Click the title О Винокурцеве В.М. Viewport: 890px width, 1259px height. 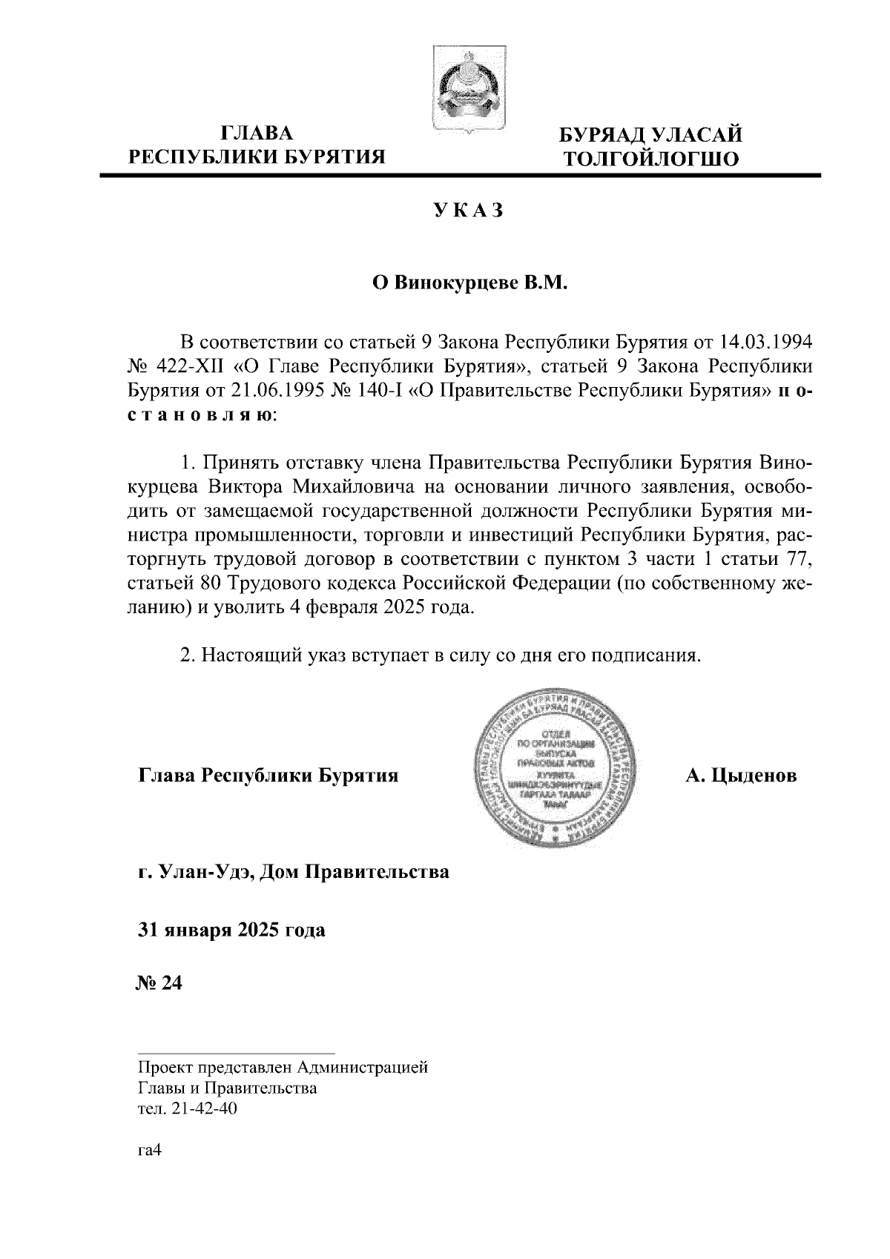click(x=469, y=282)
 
